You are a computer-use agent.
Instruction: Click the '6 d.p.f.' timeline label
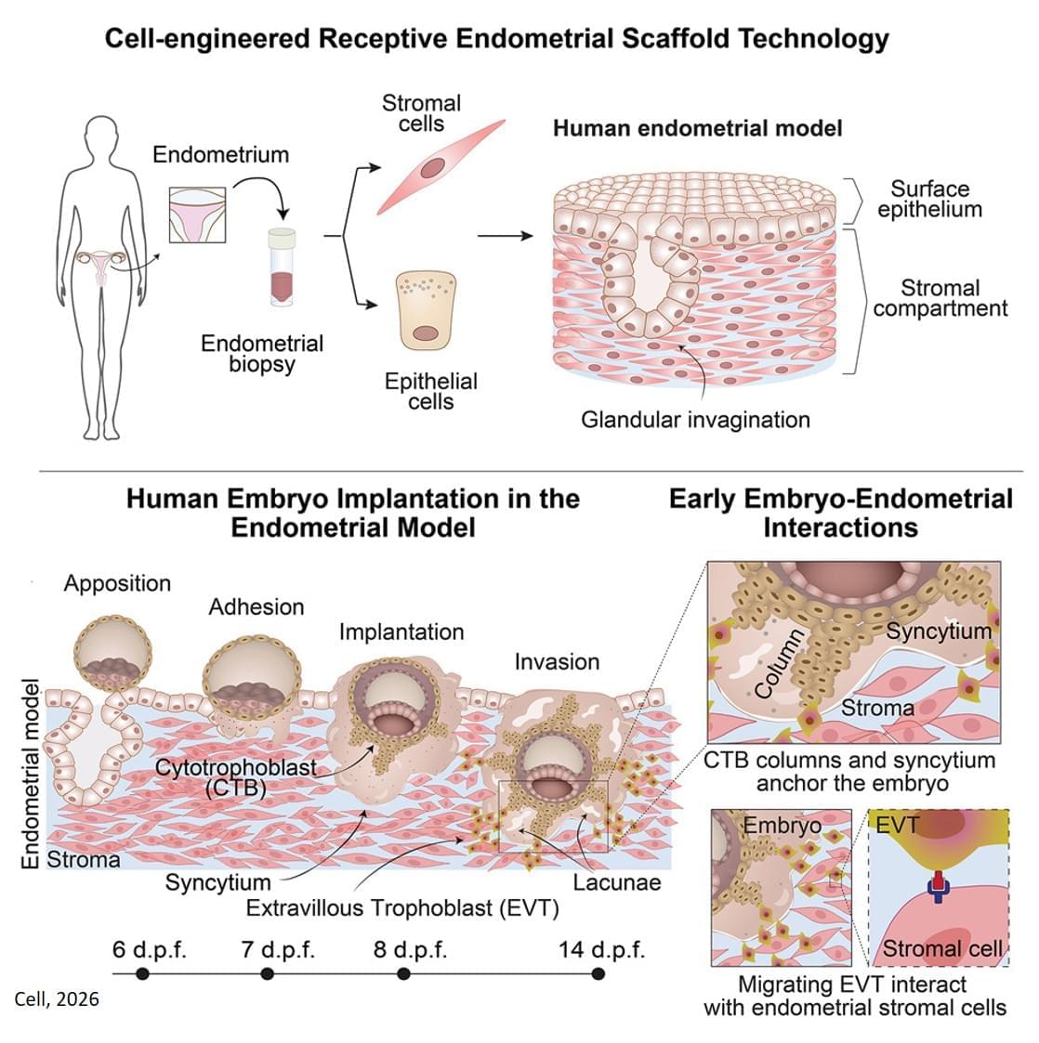[x=150, y=951]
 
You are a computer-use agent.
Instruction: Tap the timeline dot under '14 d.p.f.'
[x=598, y=973]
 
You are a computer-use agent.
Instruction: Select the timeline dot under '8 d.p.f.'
[x=403, y=973]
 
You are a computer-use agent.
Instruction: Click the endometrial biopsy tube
[x=282, y=268]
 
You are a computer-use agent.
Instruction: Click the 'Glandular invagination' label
[x=695, y=420]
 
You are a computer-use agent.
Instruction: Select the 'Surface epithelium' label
[x=929, y=199]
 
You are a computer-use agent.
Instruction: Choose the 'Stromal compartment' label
[x=940, y=298]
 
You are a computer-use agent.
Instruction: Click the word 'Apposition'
[x=117, y=583]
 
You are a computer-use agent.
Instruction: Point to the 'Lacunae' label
[x=616, y=882]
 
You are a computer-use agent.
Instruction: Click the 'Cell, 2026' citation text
[x=57, y=999]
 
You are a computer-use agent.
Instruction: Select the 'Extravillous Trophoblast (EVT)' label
[x=401, y=907]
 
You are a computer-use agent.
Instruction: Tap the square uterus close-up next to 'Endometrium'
[x=197, y=215]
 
